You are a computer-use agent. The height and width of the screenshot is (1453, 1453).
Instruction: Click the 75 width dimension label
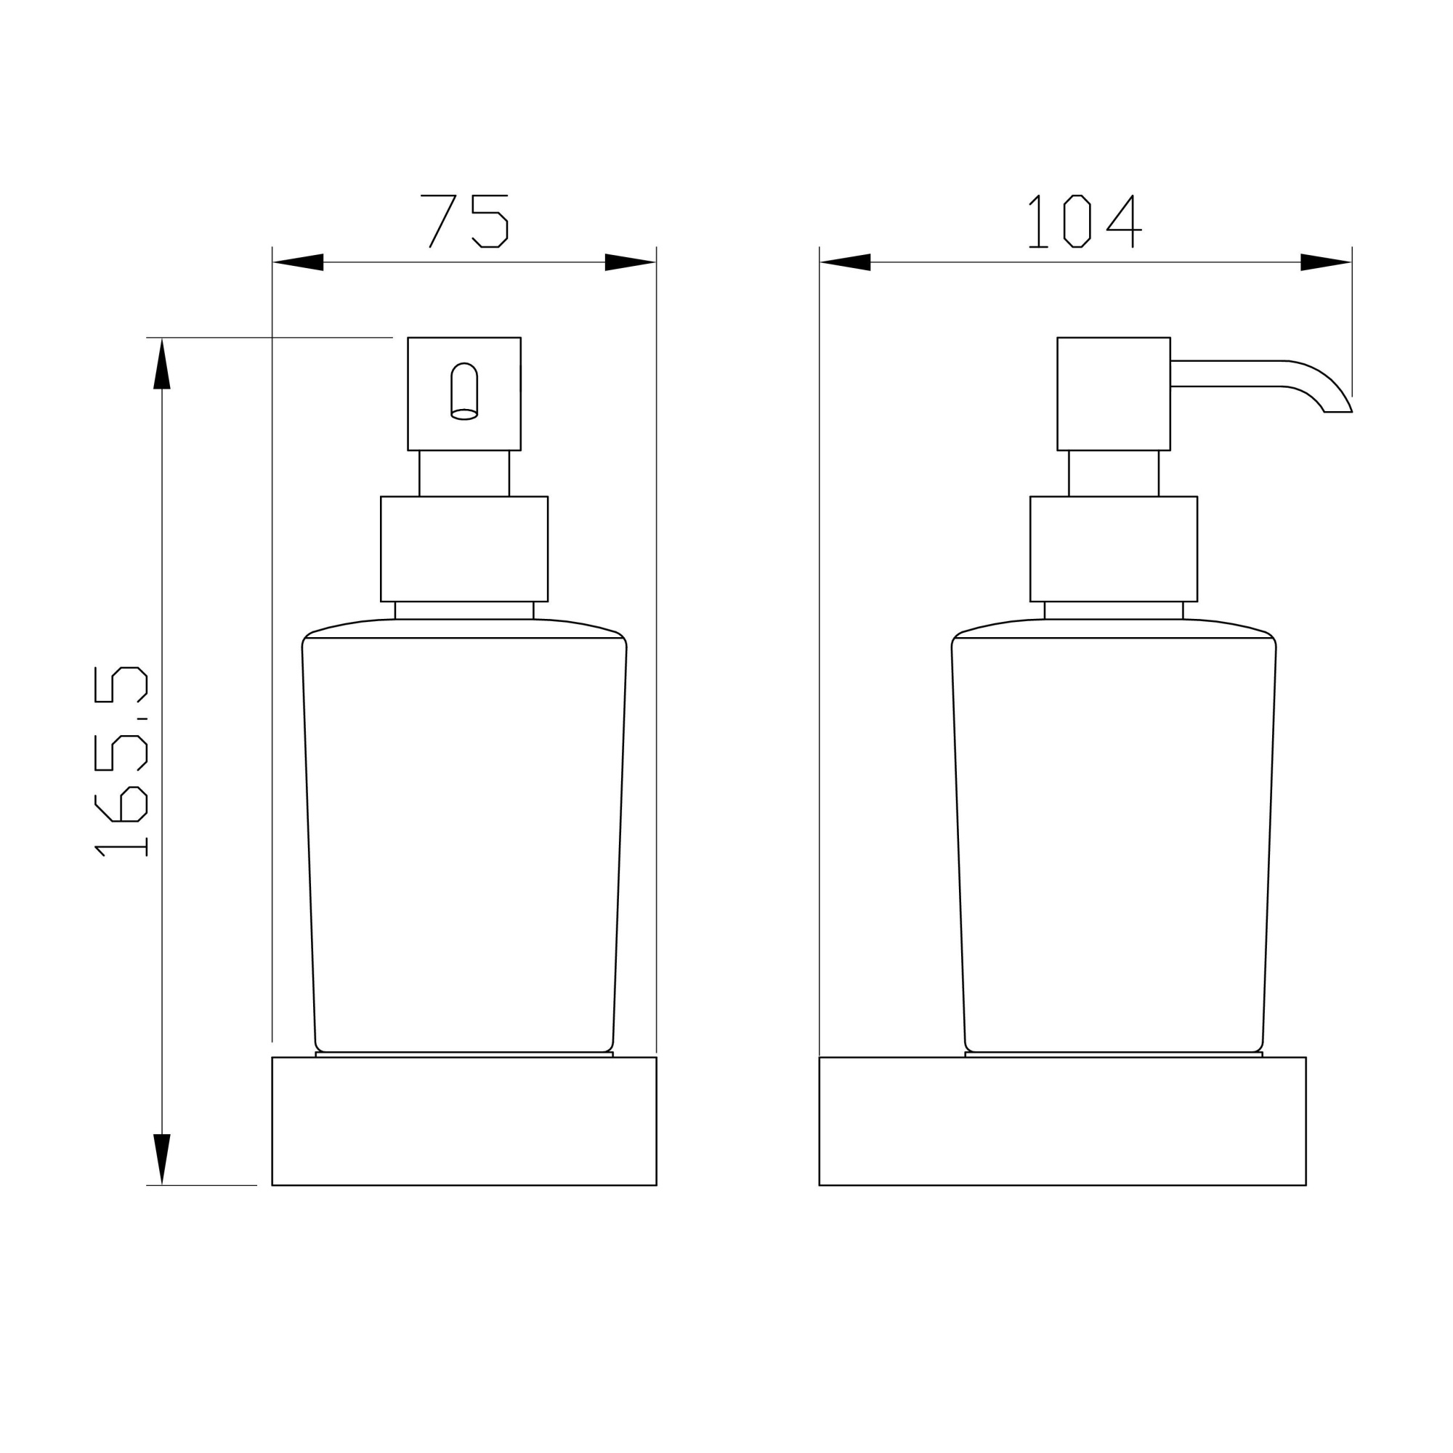[464, 220]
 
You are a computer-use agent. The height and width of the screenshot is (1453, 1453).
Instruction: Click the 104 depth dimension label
[1085, 220]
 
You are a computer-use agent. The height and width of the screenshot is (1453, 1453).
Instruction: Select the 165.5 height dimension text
[121, 761]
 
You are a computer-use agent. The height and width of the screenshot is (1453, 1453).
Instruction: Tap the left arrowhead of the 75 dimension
[299, 262]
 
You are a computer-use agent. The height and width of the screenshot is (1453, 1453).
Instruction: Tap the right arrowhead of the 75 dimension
[629, 262]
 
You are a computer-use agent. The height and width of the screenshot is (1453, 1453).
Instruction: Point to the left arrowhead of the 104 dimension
[846, 262]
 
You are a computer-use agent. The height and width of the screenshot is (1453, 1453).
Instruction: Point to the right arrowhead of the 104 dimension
[1325, 262]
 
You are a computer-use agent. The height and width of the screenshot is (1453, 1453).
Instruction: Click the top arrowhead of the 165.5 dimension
[162, 365]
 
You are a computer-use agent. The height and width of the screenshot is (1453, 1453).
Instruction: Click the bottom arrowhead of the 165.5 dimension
[162, 1157]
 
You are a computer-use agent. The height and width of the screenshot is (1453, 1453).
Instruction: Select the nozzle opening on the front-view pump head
[464, 391]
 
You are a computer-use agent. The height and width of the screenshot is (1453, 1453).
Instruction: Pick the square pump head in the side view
[1113, 393]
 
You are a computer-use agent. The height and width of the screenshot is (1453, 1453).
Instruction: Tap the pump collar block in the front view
[464, 549]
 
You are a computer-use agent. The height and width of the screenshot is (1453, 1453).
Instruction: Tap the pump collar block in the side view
[1113, 549]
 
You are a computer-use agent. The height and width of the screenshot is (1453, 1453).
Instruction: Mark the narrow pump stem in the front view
[464, 473]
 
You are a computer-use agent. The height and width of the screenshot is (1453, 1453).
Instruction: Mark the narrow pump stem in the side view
[1113, 473]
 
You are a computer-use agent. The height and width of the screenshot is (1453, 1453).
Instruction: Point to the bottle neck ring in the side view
[1113, 610]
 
